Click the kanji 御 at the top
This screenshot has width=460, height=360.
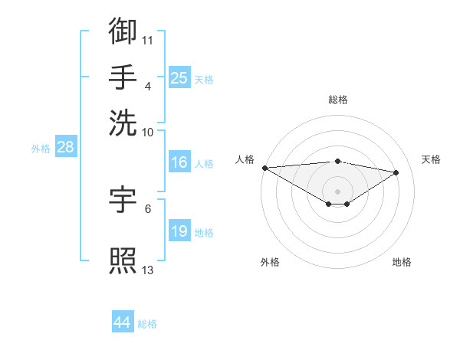tap(123, 31)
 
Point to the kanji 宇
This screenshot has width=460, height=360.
tap(123, 199)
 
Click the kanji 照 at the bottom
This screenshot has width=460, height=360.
tap(123, 260)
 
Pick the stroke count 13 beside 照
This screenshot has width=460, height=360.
tap(148, 269)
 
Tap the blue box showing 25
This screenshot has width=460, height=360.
tap(179, 77)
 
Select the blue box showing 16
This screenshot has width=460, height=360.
tap(179, 162)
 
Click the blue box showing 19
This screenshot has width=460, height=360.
tap(179, 231)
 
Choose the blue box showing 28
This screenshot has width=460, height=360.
tap(65, 148)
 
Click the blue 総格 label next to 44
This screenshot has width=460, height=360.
tap(147, 324)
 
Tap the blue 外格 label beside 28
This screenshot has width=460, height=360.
tap(41, 149)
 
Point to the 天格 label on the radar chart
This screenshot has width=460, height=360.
tap(431, 159)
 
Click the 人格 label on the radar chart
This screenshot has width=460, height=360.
tap(245, 159)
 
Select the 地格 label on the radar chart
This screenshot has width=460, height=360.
tap(402, 262)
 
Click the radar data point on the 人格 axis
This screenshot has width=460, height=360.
tap(264, 168)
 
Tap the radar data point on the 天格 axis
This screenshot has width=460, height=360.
tap(396, 172)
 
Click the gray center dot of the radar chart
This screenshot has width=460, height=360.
tap(337, 191)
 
